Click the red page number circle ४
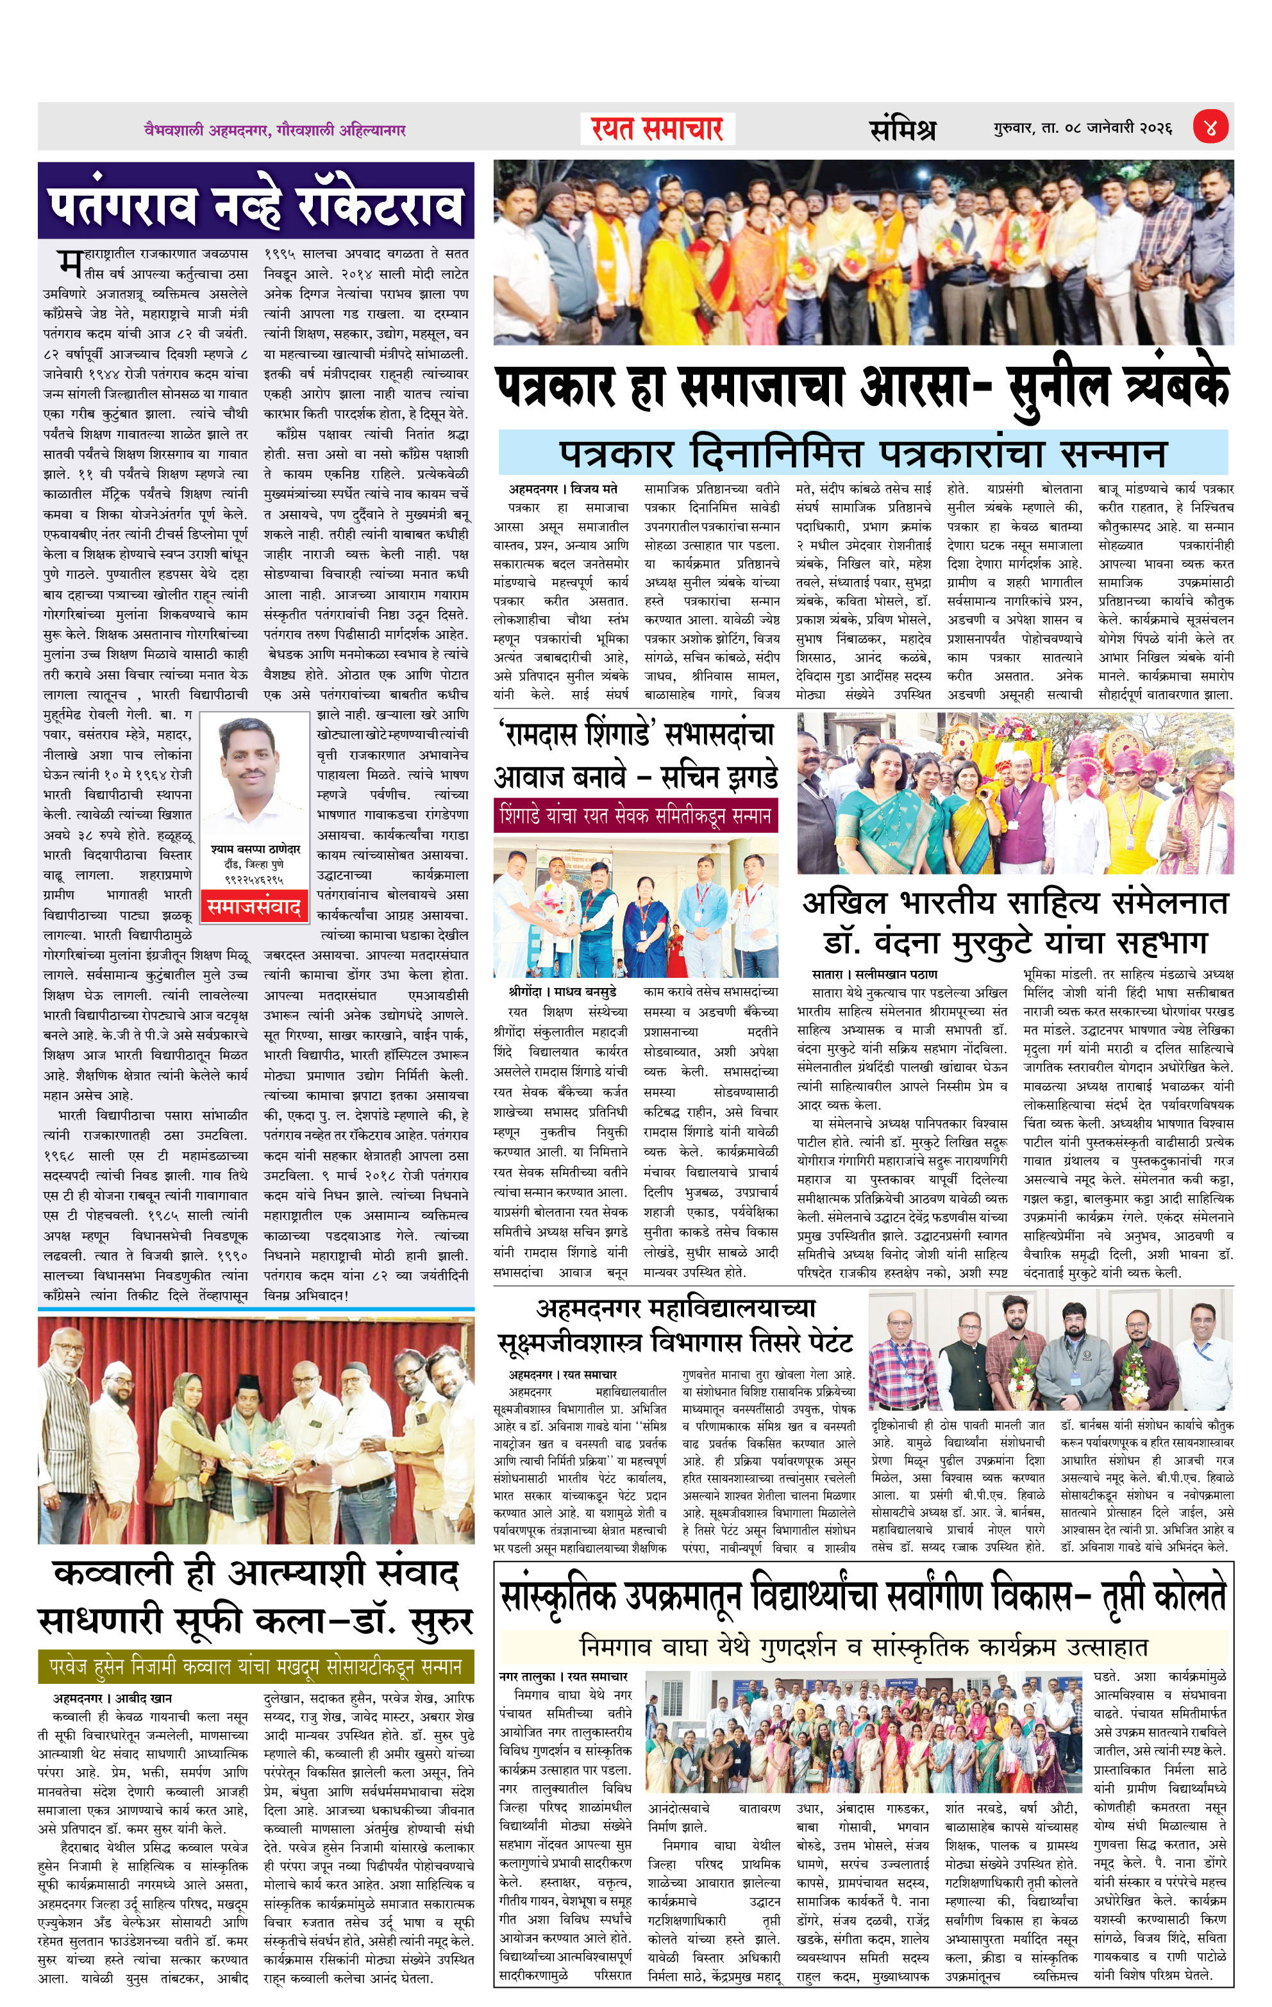1210,128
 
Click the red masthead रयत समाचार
657,129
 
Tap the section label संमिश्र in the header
903,129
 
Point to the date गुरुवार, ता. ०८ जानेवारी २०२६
1082,128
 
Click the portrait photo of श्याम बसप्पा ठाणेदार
255,777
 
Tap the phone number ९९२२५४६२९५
255,879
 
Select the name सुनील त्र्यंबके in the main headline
1119,389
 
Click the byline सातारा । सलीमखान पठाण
874,975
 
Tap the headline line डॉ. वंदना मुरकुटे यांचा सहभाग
1014,943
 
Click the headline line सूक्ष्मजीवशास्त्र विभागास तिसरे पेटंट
674,1343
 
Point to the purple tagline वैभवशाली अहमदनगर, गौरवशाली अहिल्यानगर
275,130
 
